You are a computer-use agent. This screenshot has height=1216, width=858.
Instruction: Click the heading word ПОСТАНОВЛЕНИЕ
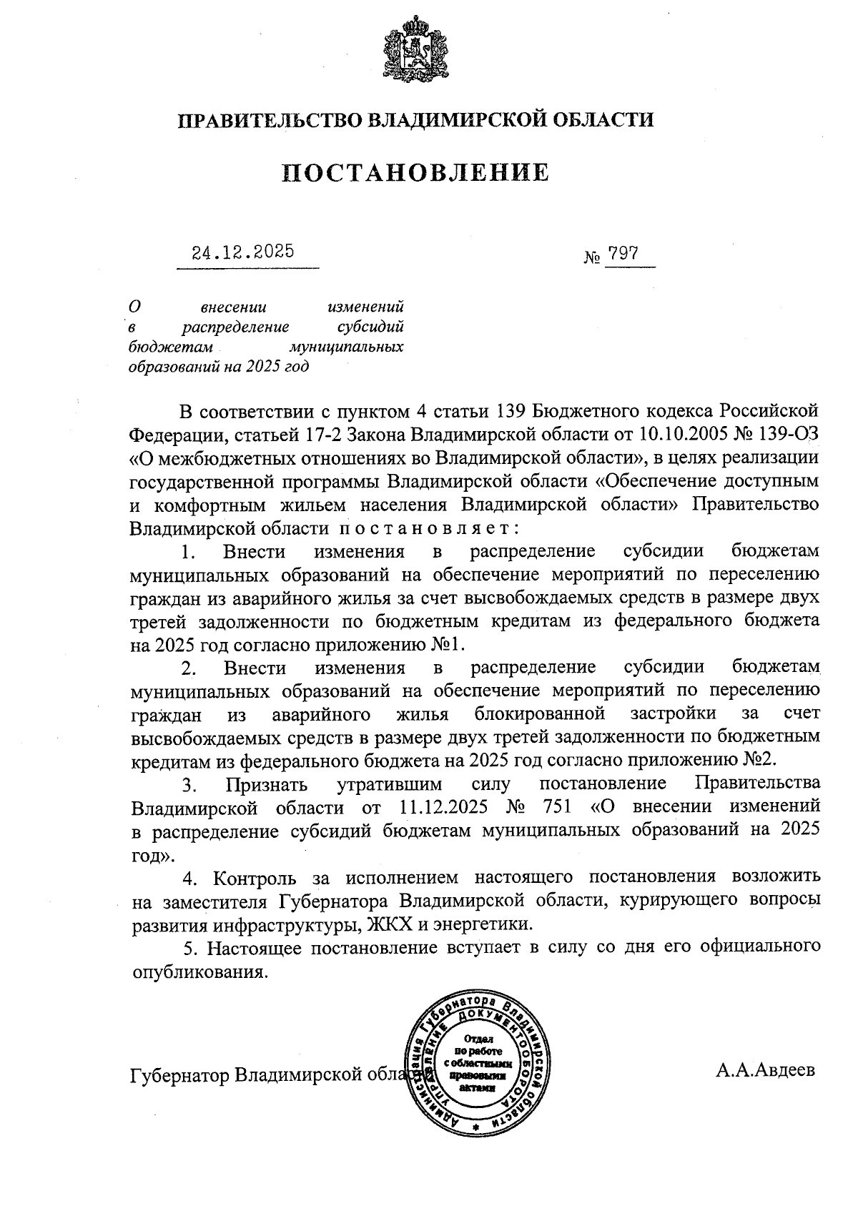click(x=415, y=173)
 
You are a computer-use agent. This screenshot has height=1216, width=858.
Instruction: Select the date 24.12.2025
click(x=243, y=252)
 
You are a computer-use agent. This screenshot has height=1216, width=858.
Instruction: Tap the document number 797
click(x=622, y=254)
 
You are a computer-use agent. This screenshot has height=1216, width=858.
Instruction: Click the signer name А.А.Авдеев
click(x=765, y=1070)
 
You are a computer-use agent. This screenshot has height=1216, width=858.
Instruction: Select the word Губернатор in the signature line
click(x=179, y=1075)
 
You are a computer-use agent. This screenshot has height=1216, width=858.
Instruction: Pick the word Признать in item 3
click(x=267, y=785)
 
